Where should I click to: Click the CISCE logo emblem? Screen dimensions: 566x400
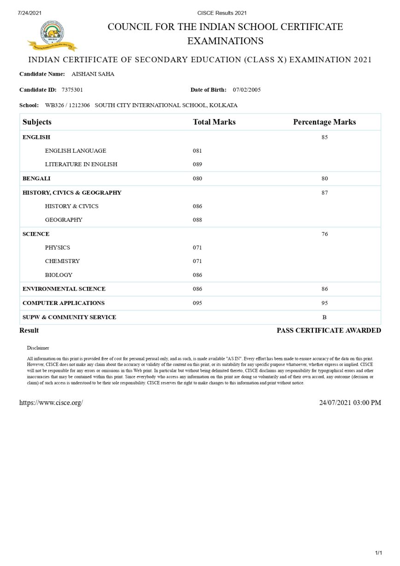click(52, 35)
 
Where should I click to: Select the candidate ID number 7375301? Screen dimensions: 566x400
click(72, 89)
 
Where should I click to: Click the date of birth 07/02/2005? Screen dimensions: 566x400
click(247, 89)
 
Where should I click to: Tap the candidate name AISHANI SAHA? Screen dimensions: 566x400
click(93, 74)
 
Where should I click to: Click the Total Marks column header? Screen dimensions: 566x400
click(214, 122)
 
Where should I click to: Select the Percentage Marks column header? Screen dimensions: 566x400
click(324, 122)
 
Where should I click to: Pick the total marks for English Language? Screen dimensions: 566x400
click(197, 151)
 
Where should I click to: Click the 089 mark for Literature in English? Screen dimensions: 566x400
click(197, 164)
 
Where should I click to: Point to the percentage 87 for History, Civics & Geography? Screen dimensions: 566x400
click(324, 193)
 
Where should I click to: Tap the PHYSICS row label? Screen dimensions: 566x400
click(58, 248)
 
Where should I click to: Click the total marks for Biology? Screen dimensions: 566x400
click(197, 275)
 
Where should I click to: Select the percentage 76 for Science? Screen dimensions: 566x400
click(324, 234)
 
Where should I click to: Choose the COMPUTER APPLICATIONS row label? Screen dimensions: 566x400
click(64, 303)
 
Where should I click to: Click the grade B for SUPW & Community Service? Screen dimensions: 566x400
click(324, 317)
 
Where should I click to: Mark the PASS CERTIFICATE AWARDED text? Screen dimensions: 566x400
click(329, 330)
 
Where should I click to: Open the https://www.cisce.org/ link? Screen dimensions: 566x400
click(51, 403)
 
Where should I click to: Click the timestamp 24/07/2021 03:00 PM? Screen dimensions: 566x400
click(350, 403)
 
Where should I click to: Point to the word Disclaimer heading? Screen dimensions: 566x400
click(38, 348)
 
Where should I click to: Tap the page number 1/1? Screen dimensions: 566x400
click(378, 553)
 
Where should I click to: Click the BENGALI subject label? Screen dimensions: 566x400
click(36, 179)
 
